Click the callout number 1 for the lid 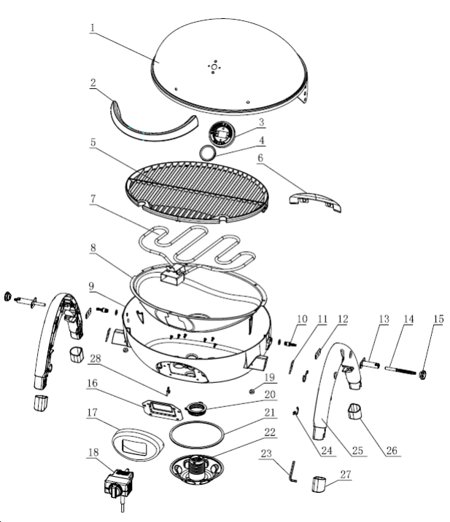coord(93,28)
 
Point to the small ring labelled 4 coord(208,152)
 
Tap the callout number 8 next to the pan coord(93,249)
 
